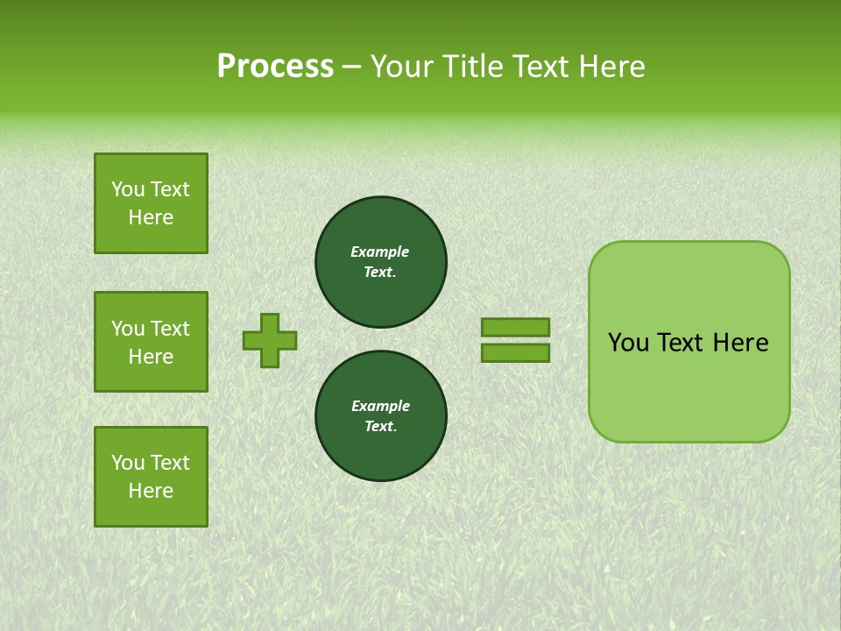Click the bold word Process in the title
[275, 67]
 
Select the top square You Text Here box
[151, 203]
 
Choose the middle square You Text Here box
[151, 342]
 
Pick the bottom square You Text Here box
[151, 477]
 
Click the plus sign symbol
[270, 340]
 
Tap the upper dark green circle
[381, 262]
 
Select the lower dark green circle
[381, 416]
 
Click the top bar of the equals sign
[515, 327]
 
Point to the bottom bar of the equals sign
[515, 353]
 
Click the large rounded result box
[689, 386]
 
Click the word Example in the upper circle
[379, 252]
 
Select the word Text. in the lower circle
[380, 427]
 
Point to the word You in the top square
[128, 189]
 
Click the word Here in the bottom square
[151, 491]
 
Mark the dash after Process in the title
[352, 67]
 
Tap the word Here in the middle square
[151, 357]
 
